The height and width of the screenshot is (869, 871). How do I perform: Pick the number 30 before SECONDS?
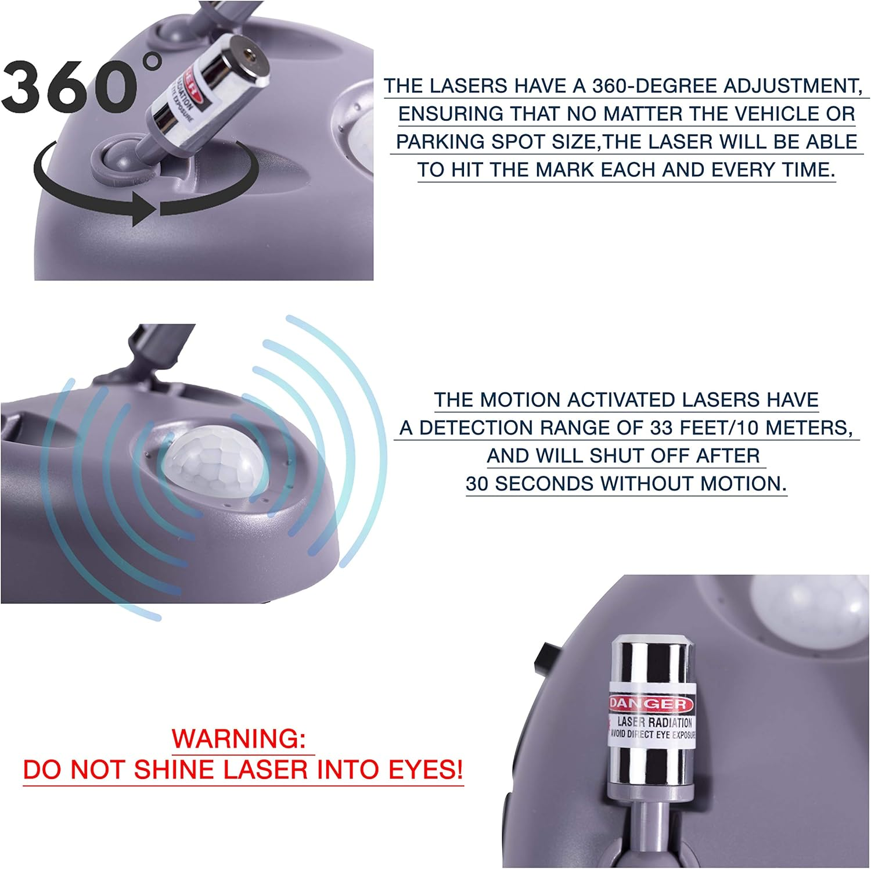[x=477, y=483]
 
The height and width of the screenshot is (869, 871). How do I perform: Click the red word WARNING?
[x=239, y=738]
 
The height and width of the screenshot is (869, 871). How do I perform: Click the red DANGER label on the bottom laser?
[x=650, y=704]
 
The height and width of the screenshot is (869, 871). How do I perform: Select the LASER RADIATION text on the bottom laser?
[x=654, y=722]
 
